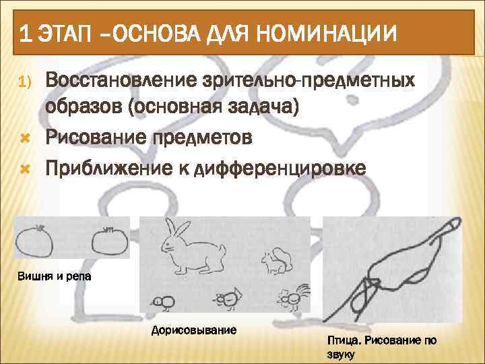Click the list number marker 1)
[24, 82]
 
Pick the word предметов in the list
[205, 138]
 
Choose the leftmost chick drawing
[162, 301]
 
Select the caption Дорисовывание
[194, 330]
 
